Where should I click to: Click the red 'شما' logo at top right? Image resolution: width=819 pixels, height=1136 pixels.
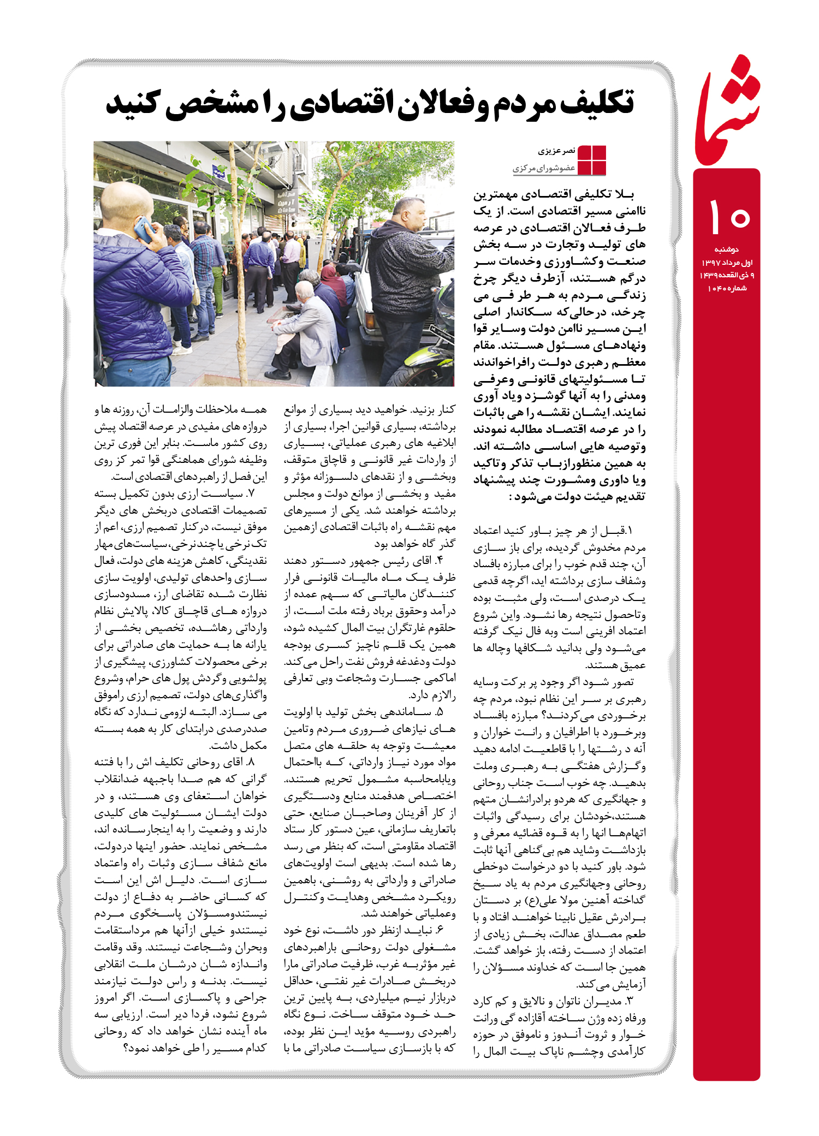[728, 112]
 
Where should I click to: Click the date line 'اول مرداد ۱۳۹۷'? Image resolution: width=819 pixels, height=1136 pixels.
[727, 263]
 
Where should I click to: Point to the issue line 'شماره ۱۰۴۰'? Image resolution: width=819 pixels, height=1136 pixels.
[727, 288]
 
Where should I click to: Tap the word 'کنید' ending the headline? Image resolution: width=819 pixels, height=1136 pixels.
[133, 103]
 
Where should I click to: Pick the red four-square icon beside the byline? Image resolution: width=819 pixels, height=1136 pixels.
[591, 160]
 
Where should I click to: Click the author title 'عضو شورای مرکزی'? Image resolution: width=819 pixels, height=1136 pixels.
[544, 168]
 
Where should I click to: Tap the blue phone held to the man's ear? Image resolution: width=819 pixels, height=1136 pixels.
[144, 229]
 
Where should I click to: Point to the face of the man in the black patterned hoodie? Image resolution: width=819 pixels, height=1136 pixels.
[407, 216]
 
